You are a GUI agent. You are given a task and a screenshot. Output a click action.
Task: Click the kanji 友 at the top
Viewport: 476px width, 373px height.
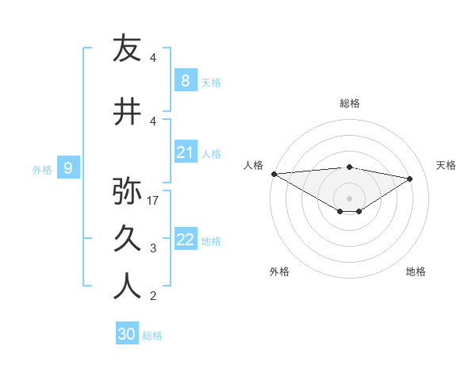click(127, 48)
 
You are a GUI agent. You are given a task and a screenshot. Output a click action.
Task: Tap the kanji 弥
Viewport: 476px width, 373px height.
click(127, 190)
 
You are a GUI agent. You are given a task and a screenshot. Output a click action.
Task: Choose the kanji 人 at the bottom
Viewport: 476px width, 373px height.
click(127, 286)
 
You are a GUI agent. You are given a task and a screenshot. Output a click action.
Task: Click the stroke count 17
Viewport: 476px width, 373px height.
click(154, 201)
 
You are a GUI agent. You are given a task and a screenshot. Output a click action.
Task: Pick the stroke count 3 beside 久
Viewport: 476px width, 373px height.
click(153, 248)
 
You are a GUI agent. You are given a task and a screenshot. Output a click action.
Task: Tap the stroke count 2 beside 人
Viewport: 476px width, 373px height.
click(153, 297)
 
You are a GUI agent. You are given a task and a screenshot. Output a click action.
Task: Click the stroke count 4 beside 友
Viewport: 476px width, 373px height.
click(153, 58)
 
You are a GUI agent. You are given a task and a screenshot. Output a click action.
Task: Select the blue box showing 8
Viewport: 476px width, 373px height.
click(185, 80)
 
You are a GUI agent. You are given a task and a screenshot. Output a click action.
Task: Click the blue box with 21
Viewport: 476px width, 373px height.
click(185, 152)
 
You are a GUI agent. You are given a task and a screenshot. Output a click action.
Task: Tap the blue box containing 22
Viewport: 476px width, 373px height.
click(185, 240)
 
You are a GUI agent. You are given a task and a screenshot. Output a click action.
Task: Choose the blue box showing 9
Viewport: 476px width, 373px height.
click(69, 167)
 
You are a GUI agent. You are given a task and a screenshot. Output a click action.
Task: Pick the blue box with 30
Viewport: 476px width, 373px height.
click(127, 334)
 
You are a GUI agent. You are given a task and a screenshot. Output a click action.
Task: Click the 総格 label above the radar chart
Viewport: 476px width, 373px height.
click(350, 103)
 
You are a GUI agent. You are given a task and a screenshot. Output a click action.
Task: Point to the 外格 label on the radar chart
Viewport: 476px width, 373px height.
click(279, 271)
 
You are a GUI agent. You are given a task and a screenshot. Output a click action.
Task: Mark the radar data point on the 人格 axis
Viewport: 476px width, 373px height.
click(274, 174)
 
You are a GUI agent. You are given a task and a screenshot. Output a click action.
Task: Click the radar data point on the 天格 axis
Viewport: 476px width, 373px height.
click(410, 179)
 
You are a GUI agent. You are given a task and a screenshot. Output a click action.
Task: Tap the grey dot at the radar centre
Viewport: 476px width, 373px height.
click(349, 198)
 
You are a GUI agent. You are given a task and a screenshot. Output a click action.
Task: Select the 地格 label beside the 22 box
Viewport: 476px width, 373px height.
click(211, 241)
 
